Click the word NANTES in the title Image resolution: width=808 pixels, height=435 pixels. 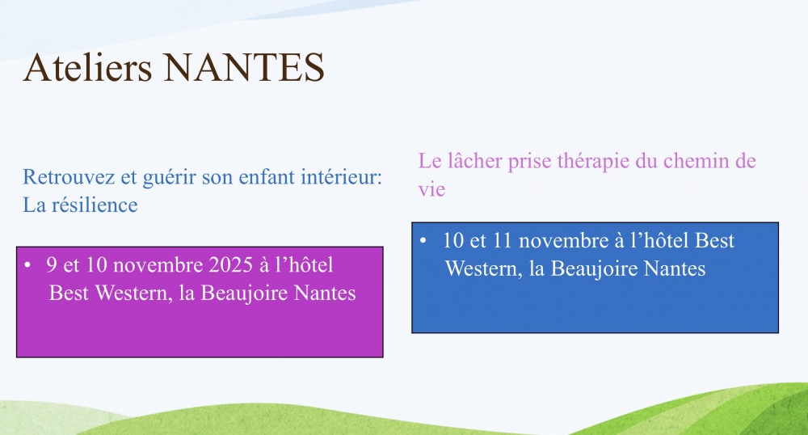point(244,68)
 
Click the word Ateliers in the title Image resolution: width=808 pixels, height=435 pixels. point(87,67)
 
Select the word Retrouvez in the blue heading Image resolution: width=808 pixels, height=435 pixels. point(69,177)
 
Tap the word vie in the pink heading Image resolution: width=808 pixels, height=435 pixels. point(431,189)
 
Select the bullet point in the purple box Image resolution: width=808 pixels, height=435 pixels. point(27,265)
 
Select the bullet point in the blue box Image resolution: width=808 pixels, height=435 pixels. point(423,241)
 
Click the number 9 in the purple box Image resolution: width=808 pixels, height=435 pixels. point(52,265)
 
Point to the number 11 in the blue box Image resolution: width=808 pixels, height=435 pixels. point(503,241)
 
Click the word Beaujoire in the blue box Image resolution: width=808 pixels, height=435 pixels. point(595,268)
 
